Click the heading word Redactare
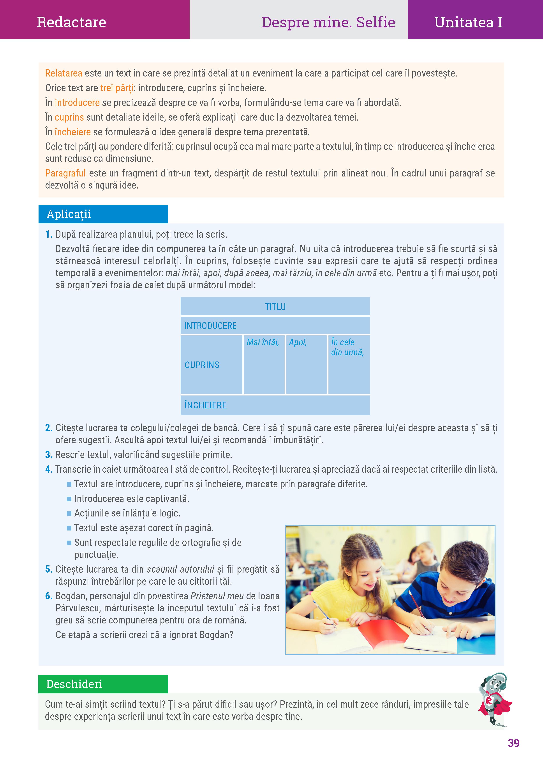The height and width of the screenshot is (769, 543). click(x=71, y=22)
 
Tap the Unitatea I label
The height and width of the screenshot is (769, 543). click(x=468, y=22)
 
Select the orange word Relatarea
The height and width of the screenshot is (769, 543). click(x=63, y=73)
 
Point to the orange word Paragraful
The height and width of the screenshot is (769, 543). click(x=65, y=173)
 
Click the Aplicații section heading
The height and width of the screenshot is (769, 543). click(x=69, y=214)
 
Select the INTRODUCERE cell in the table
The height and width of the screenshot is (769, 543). click(x=210, y=326)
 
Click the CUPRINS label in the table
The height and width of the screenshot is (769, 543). click(x=202, y=365)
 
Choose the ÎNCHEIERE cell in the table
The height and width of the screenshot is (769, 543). click(x=205, y=405)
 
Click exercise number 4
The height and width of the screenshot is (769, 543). click(x=49, y=469)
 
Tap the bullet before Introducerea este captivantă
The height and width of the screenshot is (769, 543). click(x=69, y=499)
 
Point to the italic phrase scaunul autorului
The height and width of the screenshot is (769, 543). click(x=180, y=569)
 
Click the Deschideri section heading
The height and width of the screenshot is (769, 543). click(x=74, y=684)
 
